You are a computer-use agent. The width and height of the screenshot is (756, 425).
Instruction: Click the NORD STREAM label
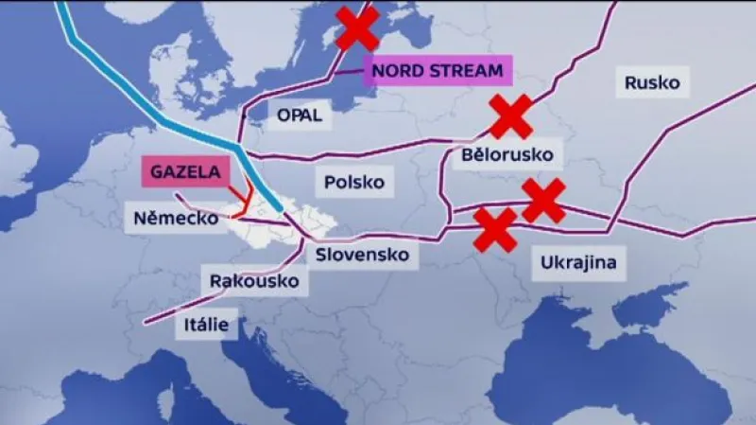click(x=438, y=69)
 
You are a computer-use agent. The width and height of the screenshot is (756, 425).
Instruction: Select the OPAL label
click(x=300, y=115)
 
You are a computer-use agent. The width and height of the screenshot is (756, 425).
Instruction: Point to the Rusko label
click(x=652, y=82)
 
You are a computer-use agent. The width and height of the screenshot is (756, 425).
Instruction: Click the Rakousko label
click(x=253, y=281)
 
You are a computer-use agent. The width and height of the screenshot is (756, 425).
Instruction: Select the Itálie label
click(x=206, y=325)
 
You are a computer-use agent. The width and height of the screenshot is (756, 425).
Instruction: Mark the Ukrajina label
click(x=579, y=262)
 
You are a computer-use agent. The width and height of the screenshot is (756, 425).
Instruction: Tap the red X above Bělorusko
click(x=510, y=116)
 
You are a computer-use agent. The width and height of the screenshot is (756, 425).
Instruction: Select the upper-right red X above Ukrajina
click(x=543, y=200)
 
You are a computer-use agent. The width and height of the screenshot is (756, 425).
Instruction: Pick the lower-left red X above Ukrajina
click(x=495, y=230)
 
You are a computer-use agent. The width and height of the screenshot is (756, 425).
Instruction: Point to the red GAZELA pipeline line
click(x=248, y=202)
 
